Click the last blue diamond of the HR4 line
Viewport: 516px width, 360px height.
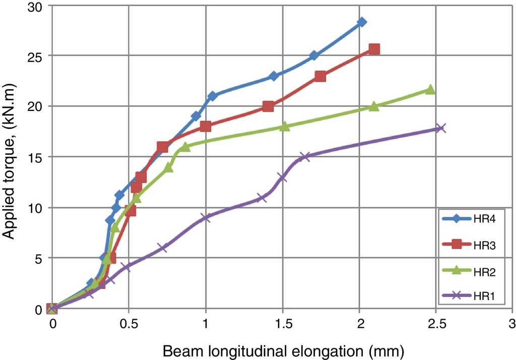click(361, 22)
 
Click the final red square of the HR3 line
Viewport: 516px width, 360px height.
click(374, 49)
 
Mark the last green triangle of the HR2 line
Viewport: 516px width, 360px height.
click(430, 89)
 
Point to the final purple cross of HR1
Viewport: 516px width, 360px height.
click(440, 128)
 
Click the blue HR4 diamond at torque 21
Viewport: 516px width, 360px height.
click(212, 96)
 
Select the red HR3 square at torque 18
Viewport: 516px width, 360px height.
click(205, 126)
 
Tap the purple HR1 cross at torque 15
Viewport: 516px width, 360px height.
click(304, 157)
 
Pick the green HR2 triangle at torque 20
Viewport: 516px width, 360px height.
click(374, 106)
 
